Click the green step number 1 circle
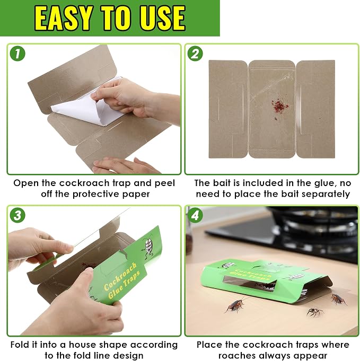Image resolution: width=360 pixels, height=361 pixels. (x=17, y=54)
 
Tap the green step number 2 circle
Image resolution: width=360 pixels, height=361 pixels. (x=195, y=54)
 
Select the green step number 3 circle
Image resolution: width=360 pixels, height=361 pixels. (x=17, y=215)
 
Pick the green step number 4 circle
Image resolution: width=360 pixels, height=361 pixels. (x=195, y=215)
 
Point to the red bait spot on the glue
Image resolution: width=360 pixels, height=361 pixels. (x=279, y=107)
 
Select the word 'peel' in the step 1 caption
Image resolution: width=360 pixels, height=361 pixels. (x=164, y=183)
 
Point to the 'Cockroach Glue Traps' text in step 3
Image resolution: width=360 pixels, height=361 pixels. (x=121, y=280)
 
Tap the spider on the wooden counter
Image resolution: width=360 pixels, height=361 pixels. (x=315, y=312)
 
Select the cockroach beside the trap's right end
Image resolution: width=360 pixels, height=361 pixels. (x=339, y=299)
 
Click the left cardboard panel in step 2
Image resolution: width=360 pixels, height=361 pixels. (x=228, y=109)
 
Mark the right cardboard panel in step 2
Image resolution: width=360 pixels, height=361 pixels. (x=315, y=109)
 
